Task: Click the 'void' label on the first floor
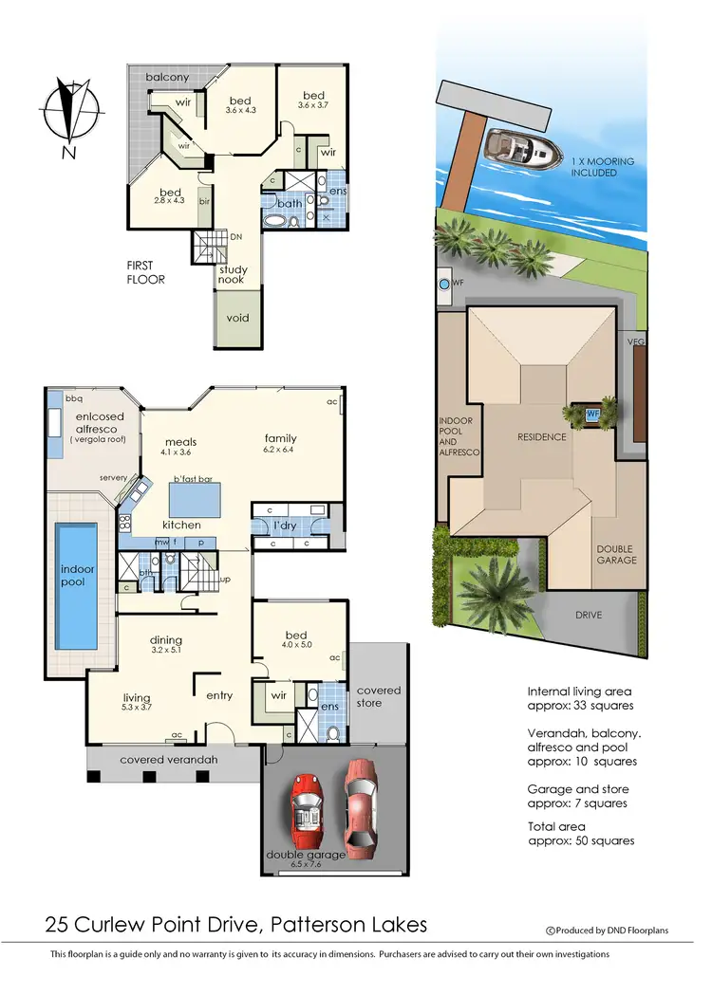click(237, 318)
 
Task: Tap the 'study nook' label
click(234, 275)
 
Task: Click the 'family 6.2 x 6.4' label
click(281, 445)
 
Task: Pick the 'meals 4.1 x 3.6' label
click(180, 447)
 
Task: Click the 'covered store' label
click(379, 696)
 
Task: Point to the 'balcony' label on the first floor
click(168, 77)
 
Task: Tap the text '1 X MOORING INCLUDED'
click(593, 167)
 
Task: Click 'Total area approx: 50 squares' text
click(580, 834)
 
